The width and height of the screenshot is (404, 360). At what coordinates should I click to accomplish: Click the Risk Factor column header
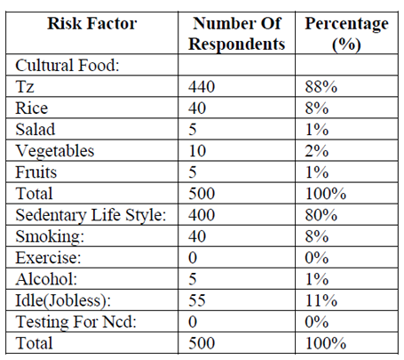(x=92, y=23)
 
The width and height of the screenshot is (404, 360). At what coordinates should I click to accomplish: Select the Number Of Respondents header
(x=236, y=34)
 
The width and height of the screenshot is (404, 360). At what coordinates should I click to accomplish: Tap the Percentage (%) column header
(x=346, y=34)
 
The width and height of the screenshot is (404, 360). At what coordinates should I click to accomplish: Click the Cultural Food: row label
(x=67, y=65)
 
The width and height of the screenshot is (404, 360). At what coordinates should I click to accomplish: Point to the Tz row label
(x=25, y=86)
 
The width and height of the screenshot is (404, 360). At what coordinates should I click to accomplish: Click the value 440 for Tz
(x=202, y=87)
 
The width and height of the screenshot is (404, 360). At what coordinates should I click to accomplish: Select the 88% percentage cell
(x=321, y=87)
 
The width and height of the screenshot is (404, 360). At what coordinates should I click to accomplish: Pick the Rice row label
(x=31, y=108)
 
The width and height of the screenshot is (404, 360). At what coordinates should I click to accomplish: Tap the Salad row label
(x=36, y=130)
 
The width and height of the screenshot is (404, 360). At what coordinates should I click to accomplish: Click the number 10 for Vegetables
(x=197, y=151)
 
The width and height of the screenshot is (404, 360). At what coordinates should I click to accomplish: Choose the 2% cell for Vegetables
(x=317, y=151)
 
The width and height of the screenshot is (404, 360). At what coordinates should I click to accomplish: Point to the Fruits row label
(x=36, y=172)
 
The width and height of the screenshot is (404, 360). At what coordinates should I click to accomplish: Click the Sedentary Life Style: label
(x=91, y=215)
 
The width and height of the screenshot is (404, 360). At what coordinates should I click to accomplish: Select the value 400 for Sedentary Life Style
(x=202, y=215)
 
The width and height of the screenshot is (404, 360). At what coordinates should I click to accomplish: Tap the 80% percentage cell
(x=321, y=215)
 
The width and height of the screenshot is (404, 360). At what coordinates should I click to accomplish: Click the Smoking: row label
(x=50, y=237)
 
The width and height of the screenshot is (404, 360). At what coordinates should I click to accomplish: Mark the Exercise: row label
(x=48, y=258)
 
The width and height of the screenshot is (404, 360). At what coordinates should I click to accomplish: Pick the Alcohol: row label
(x=46, y=279)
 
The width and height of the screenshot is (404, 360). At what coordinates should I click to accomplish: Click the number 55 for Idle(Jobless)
(x=197, y=300)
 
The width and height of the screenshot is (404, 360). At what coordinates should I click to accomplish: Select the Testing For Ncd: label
(x=75, y=322)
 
